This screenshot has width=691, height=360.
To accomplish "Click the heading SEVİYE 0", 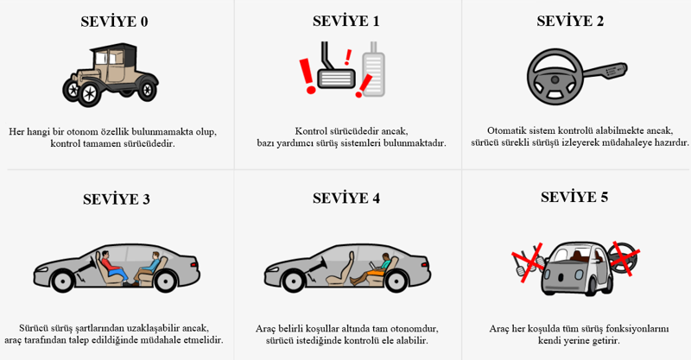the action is coord(114,22).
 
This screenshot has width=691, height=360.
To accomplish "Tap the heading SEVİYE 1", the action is coord(346,21).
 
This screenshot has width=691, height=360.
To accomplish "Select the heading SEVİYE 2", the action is coord(570,21).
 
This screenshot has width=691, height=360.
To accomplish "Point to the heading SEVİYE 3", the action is coord(117,199).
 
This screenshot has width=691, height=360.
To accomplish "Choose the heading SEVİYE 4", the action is coord(346,198).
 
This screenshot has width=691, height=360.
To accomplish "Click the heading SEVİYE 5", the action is coord(574,197).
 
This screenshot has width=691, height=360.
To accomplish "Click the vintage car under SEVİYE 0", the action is coord(111,74).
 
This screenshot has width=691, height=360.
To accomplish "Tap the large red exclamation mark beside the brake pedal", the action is coord(307,76).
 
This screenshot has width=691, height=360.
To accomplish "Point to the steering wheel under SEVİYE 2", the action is coord(555,77).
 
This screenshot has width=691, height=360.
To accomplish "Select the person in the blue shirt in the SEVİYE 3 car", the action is coord(148,268).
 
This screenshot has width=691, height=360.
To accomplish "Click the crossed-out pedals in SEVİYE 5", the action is coord(527,262).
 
